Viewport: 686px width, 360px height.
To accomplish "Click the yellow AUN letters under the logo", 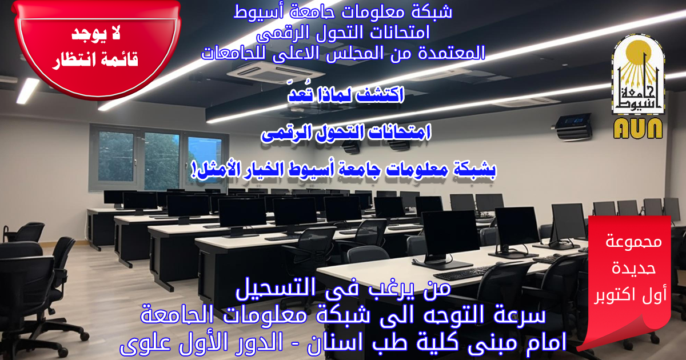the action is click(x=638, y=129).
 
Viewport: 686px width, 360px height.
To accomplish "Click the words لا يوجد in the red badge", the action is click(x=96, y=34).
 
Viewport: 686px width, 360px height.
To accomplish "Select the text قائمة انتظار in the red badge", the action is click(x=95, y=59).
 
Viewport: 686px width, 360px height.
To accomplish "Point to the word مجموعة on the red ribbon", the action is click(x=633, y=242).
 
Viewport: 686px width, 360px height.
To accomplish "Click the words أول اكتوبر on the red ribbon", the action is click(x=630, y=295).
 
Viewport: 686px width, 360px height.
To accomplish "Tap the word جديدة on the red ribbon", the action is click(x=633, y=268).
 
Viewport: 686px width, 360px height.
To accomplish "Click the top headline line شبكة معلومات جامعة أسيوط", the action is click(x=342, y=13).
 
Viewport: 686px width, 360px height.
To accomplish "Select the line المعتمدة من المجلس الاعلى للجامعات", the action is click(x=343, y=53).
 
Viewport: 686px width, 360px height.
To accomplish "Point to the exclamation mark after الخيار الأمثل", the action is click(x=194, y=170).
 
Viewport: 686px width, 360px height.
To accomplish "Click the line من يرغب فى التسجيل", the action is click(x=344, y=288).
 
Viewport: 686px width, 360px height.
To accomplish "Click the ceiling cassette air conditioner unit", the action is click(x=276, y=73).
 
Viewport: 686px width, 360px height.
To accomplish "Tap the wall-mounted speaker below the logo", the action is click(x=573, y=126).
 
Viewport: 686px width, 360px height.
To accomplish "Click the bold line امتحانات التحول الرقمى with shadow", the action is click(x=346, y=133).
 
